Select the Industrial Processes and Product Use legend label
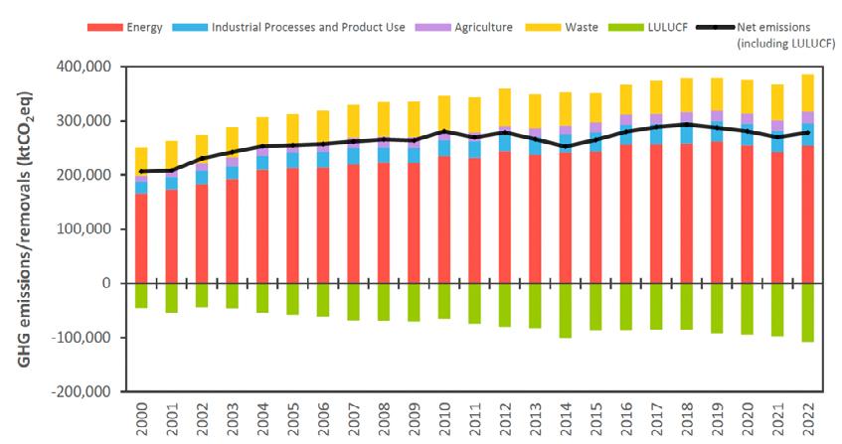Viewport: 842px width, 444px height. pyautogui.click(x=308, y=27)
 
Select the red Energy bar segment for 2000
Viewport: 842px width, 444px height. pyautogui.click(x=142, y=238)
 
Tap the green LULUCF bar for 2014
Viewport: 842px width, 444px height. pyautogui.click(x=565, y=311)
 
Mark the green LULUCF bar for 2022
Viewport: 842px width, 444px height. pyautogui.click(x=806, y=313)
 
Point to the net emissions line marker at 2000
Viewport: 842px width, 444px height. pyautogui.click(x=142, y=171)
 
